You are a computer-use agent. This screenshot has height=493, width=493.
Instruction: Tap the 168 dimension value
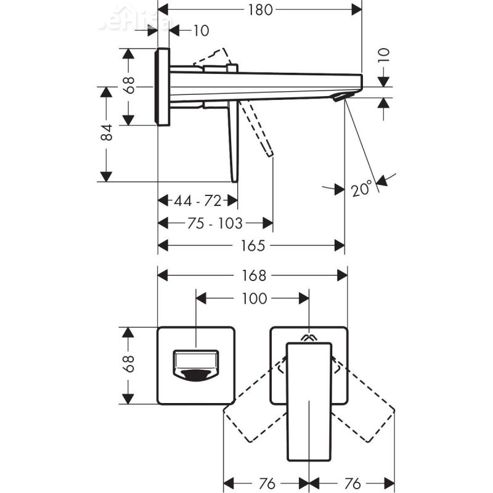tap(253, 275)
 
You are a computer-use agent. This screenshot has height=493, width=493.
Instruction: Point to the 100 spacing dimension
tap(253, 299)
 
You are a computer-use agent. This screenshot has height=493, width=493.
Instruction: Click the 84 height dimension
tap(107, 133)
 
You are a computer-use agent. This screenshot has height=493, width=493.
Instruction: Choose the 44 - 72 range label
tap(197, 200)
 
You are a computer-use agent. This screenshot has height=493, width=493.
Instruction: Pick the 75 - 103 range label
tap(215, 222)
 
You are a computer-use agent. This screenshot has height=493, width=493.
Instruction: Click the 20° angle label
tap(362, 187)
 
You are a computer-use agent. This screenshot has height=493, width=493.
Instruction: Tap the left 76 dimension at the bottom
tap(266, 482)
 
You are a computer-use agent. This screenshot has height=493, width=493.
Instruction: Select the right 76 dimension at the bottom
tap(351, 482)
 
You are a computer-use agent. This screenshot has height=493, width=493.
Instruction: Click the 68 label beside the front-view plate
tap(128, 365)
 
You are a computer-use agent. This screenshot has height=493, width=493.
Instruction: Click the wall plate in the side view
tap(163, 86)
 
